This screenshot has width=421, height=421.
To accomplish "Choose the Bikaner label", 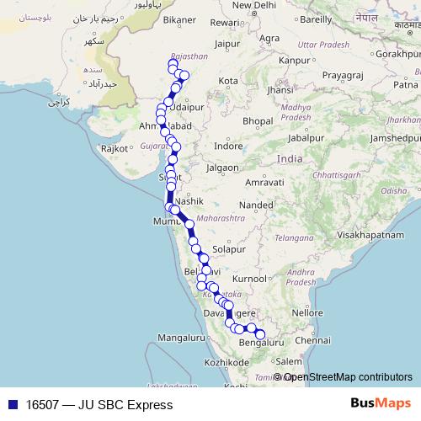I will (x=180, y=19).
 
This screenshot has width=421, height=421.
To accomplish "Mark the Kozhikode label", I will (x=204, y=361).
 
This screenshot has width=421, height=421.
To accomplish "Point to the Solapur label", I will (x=228, y=250).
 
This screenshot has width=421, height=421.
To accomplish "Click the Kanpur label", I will (x=294, y=61).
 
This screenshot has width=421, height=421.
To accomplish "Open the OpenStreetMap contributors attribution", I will (x=348, y=377).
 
